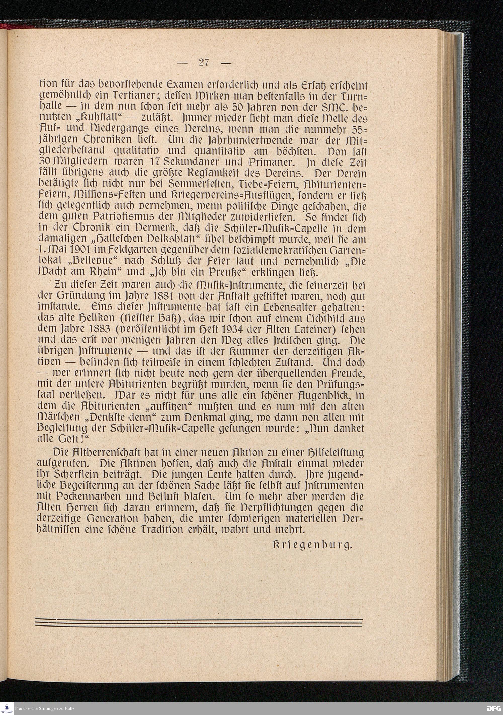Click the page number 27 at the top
pyautogui.click(x=204, y=63)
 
